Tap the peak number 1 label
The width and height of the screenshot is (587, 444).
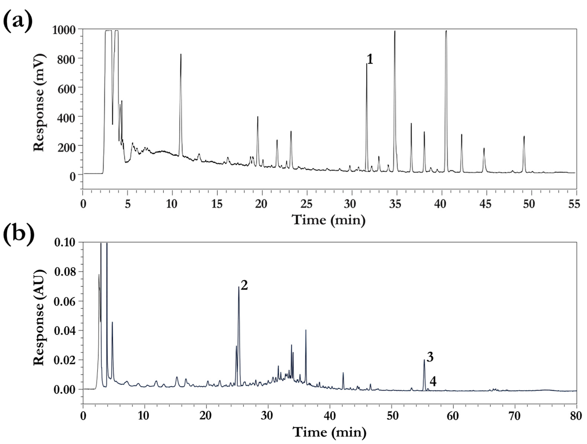[x=370, y=59]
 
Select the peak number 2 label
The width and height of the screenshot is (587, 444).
[x=244, y=285]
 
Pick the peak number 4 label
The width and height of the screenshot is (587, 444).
[x=433, y=382]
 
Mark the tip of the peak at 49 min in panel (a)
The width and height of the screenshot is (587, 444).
[x=524, y=136]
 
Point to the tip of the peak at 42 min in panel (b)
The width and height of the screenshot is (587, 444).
[x=343, y=373]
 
